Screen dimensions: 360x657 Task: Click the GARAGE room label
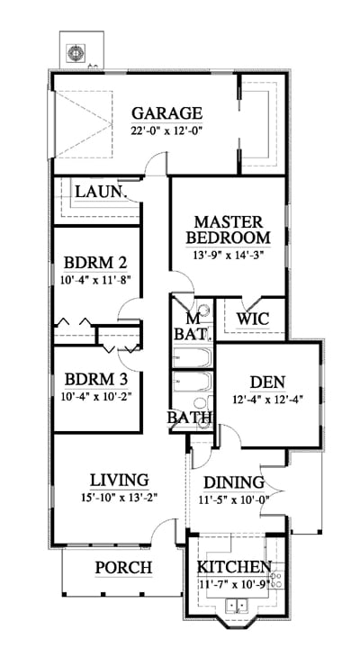[166, 113]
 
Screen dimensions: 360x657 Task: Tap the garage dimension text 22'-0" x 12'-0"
[166, 130]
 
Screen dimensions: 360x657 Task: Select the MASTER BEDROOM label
[229, 229]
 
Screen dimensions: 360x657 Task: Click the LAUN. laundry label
[101, 192]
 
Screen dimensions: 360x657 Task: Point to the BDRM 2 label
[95, 263]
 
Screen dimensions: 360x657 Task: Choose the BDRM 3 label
[96, 379]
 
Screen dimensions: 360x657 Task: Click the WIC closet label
[252, 319]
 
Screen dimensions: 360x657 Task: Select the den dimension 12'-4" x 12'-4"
[267, 399]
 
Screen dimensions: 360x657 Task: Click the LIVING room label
[120, 480]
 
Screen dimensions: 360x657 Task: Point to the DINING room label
[234, 482]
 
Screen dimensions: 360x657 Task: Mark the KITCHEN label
[234, 567]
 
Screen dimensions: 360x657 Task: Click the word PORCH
[123, 568]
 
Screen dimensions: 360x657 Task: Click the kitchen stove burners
[276, 580]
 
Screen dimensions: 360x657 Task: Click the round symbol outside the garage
[76, 53]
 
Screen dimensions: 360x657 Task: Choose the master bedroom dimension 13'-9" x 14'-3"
[229, 256]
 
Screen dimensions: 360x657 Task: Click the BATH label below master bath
[189, 417]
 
